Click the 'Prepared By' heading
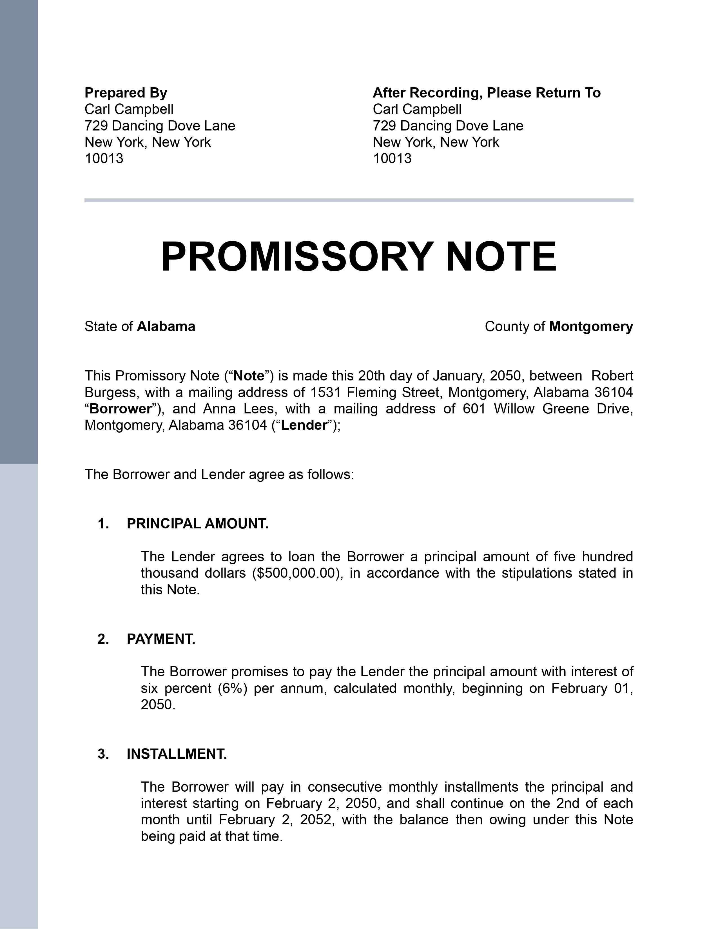(126, 92)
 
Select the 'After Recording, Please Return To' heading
(486, 92)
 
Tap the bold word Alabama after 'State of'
(166, 327)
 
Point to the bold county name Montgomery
(591, 327)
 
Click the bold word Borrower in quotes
(121, 409)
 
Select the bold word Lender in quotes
(304, 425)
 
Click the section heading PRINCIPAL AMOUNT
(197, 524)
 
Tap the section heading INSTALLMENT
(177, 754)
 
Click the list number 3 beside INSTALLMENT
(102, 754)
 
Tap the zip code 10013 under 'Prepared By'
(104, 158)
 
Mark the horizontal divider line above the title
(358, 200)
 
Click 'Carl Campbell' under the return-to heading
(417, 109)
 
